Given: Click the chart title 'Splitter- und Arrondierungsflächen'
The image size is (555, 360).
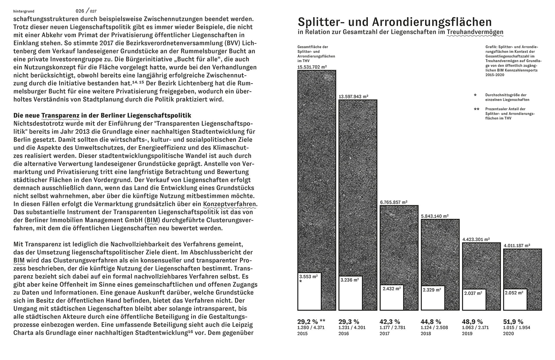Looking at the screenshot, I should point(395,22).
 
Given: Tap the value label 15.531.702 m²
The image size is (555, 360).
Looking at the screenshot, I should point(312,67).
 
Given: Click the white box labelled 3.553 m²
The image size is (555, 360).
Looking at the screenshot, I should point(309,291).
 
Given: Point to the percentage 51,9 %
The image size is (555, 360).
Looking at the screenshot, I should point(513,322).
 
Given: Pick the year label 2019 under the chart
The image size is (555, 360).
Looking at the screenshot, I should point(467,334).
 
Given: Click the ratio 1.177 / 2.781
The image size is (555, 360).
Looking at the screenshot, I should point(394,328).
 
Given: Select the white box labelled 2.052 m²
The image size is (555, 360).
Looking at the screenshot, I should point(515,299).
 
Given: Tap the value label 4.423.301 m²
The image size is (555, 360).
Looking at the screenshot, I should point(476,239).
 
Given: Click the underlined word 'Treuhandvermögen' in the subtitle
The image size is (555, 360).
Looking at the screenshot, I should point(475,32).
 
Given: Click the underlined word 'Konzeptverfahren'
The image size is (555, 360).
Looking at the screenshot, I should point(230,204).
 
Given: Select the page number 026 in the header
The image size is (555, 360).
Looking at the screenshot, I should point(80,11).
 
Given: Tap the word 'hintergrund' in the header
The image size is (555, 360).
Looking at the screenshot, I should point(24,11).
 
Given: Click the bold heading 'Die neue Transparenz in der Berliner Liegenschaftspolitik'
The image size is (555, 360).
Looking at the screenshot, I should point(102,115).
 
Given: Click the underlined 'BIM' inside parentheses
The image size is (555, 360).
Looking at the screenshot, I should point(153,220).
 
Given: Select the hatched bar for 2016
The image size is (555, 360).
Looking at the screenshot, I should point(358,187).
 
